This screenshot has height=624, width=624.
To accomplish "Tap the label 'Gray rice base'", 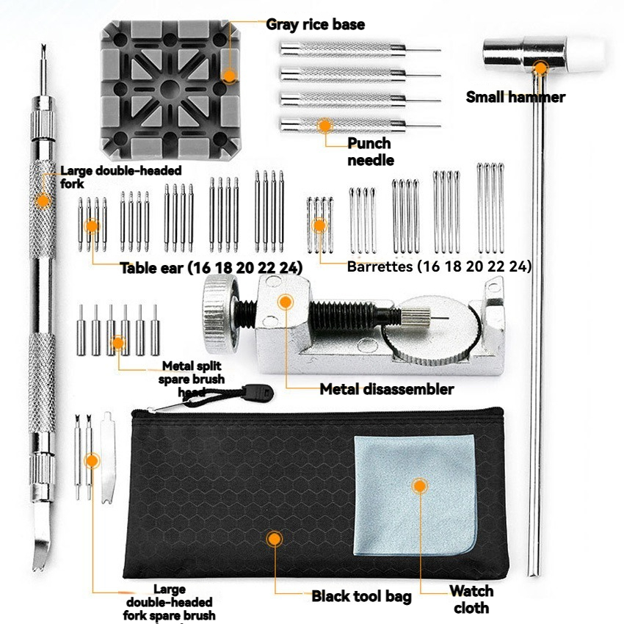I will (315, 24).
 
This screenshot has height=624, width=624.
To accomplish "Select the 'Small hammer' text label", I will (515, 97).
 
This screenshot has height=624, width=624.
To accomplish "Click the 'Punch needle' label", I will (369, 151).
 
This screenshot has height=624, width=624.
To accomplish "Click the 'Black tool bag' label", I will (361, 596).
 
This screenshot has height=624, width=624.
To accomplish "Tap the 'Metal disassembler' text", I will (386, 389).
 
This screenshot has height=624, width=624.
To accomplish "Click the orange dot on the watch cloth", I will (419, 485).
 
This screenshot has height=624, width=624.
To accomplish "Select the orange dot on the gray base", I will (229, 75).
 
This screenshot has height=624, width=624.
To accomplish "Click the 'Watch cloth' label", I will (471, 599).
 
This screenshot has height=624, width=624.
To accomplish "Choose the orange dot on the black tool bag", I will (274, 539).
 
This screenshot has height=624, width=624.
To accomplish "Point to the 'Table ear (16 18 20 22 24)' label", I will (211, 268).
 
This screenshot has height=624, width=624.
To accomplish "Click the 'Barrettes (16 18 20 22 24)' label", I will (439, 266).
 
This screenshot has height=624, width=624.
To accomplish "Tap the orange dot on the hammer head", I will (540, 68).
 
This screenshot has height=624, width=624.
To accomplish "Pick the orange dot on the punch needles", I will (324, 126).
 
